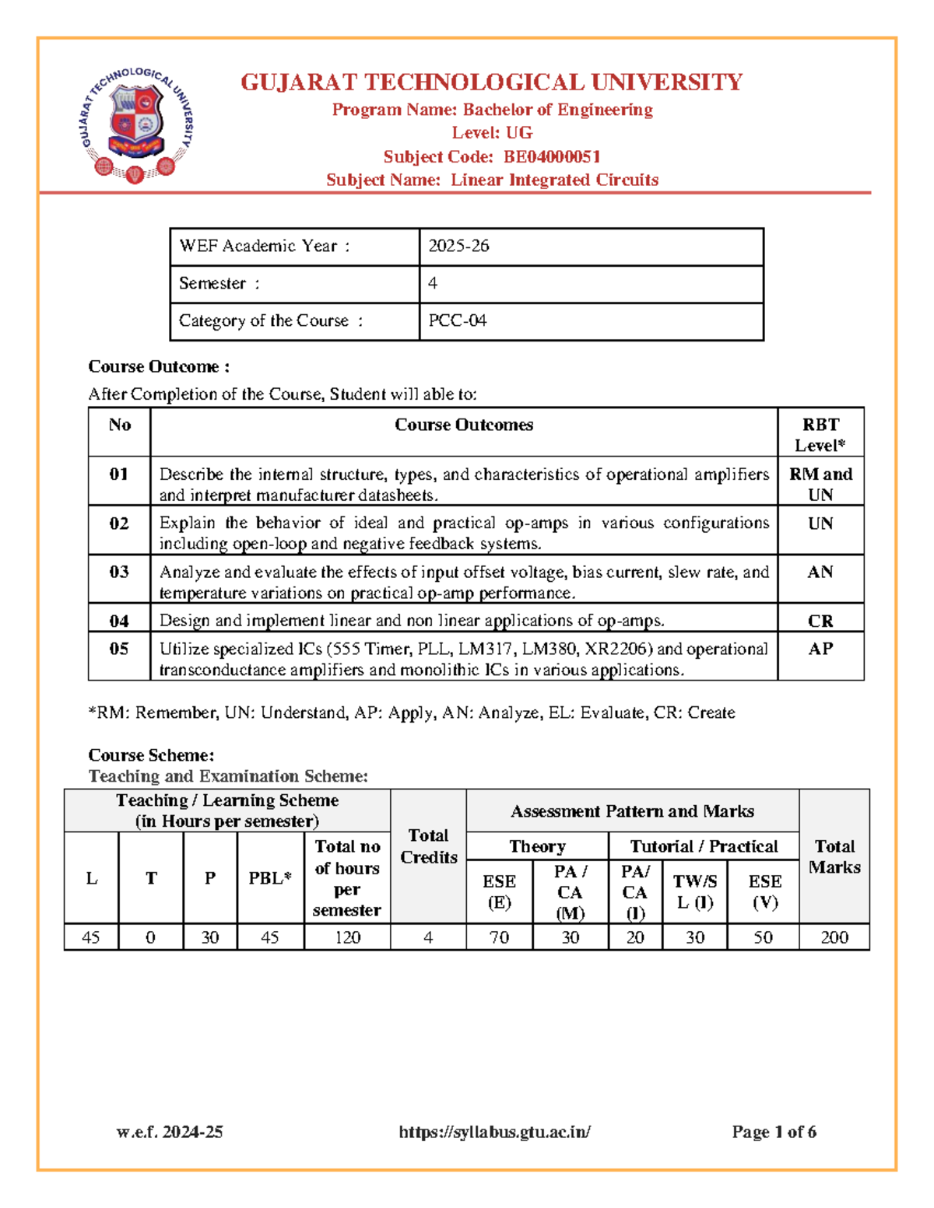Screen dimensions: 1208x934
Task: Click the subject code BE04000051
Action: (551, 156)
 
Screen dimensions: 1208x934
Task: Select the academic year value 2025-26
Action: (458, 246)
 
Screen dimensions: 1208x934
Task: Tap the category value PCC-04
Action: (457, 320)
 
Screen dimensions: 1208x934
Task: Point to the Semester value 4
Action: (433, 283)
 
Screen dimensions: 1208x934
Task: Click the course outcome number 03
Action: (119, 572)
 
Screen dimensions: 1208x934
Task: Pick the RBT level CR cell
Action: (820, 621)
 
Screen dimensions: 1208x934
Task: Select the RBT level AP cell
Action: (820, 649)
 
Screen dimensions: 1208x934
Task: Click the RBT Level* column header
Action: (820, 435)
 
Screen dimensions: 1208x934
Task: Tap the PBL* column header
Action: (269, 878)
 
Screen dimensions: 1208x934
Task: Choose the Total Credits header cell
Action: (428, 846)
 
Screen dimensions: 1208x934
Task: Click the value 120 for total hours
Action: (347, 937)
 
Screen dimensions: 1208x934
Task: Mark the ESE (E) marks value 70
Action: (499, 937)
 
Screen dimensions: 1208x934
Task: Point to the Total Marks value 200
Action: (834, 937)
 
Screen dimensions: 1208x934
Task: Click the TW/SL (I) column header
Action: (694, 891)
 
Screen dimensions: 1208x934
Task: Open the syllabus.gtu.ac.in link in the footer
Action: (494, 1132)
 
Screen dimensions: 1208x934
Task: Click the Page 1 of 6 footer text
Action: (774, 1132)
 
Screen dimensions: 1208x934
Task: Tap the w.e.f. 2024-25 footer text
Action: (170, 1132)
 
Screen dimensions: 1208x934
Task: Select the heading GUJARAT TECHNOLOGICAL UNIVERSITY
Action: (491, 82)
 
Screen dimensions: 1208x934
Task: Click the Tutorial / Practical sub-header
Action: (704, 846)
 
